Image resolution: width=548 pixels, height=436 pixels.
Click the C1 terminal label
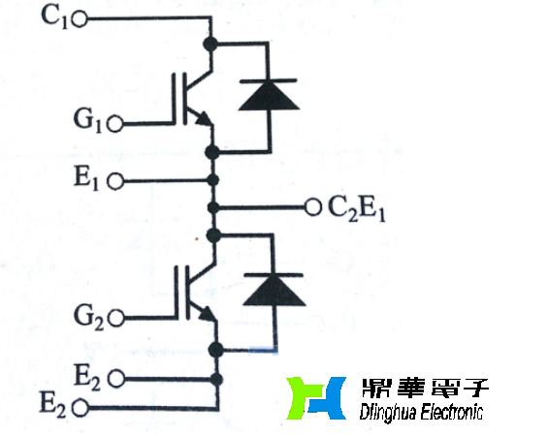55,17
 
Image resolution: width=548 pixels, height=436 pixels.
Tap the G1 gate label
90,123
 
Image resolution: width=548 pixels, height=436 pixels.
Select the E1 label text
90,180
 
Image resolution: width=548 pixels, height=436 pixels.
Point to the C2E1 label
356,207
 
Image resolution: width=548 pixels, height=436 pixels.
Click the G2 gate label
90,316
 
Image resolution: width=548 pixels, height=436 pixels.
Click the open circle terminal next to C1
80,18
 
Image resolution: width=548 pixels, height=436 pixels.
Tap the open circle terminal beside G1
116,124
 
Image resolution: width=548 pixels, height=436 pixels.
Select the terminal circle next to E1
116,181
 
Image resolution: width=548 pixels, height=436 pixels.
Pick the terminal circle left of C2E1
312,206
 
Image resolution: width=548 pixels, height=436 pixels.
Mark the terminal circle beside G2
116,317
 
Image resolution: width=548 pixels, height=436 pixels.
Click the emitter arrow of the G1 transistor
204,119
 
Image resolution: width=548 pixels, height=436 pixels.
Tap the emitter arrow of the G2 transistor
205,312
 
